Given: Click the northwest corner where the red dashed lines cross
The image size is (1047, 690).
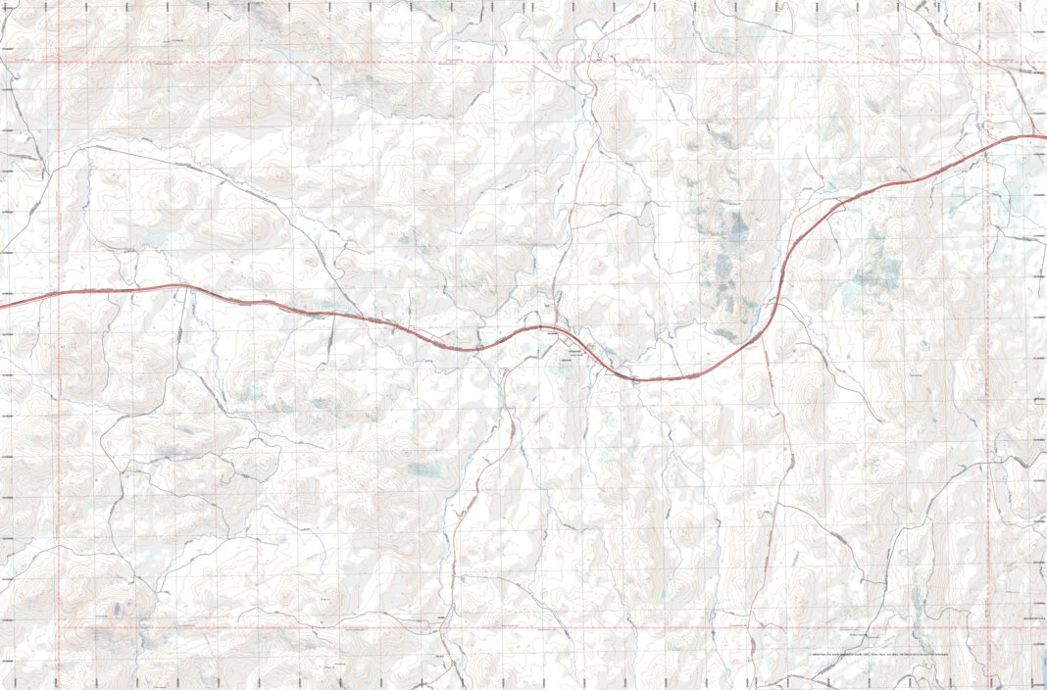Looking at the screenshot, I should click(59, 63).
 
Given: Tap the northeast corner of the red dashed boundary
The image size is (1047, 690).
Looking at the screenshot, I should click(988, 63).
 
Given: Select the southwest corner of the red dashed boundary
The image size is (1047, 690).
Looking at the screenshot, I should click(59, 625).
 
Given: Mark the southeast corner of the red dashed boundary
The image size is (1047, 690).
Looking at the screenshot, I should click(988, 625).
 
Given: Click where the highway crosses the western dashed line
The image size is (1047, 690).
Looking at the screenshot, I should click(59, 293).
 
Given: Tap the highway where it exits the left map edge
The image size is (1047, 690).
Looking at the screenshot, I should click(2, 306).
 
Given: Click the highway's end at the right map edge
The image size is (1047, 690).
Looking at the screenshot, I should click(1044, 136).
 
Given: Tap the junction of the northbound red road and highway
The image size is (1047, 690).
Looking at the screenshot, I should click(555, 327).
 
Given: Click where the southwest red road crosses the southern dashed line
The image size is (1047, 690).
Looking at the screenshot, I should click(444, 625).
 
